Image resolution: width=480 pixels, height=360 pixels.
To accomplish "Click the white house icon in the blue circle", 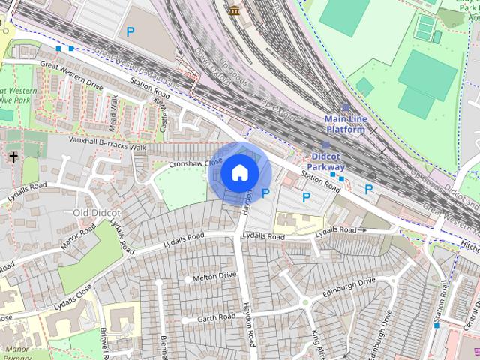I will [x=240, y=173].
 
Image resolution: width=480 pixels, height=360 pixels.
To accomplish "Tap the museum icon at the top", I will [x=235, y=10].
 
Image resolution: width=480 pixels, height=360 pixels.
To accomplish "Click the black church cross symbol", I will [x=13, y=157].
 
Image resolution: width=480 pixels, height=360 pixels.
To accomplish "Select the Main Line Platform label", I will [x=345, y=124].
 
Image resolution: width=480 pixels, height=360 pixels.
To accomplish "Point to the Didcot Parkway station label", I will [x=327, y=161].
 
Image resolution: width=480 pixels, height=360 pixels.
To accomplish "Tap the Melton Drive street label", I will [x=214, y=277].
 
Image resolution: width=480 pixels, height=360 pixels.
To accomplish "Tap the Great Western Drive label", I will [x=72, y=74].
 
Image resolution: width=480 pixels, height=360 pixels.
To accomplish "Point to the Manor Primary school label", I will [x=16, y=352].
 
